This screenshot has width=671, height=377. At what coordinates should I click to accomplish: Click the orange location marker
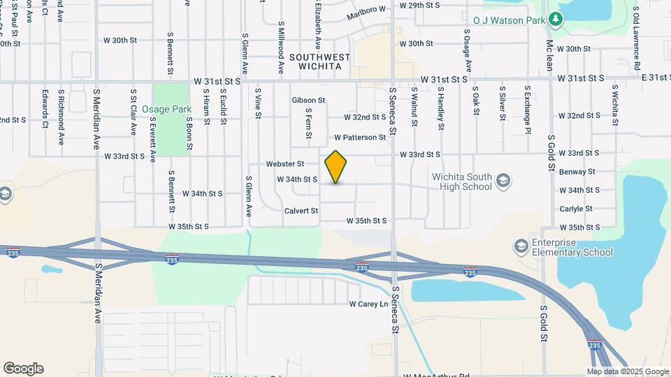point(336,167)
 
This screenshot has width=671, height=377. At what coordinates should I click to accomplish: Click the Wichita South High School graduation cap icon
point(502,182)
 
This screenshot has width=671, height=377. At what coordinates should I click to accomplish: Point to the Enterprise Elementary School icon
point(520,246)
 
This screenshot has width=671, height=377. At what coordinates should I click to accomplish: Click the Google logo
point(23,369)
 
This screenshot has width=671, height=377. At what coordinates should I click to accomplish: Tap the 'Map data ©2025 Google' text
point(628,371)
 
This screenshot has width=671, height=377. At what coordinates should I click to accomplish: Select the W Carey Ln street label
point(368,304)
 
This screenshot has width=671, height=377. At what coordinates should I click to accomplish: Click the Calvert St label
point(301,211)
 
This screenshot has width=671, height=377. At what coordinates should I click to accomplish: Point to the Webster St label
point(285,164)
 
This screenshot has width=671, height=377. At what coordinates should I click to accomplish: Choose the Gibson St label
point(308,101)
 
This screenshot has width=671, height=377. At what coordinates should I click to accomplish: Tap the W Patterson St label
point(360,138)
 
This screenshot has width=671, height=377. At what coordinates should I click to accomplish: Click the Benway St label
point(577,172)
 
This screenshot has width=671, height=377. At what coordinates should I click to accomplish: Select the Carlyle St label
point(576,209)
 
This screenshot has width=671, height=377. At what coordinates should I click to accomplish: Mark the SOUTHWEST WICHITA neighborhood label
point(315,61)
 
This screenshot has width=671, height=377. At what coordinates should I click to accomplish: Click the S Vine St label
point(258,103)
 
